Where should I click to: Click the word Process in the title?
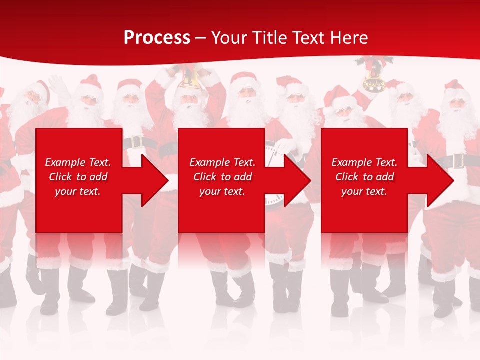[157, 38]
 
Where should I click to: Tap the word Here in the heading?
[349, 38]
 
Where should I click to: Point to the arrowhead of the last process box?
[439, 180]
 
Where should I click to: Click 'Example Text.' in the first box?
[78, 162]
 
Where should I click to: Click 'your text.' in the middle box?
[222, 191]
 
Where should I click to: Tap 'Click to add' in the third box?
[364, 177]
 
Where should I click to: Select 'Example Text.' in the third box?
[364, 162]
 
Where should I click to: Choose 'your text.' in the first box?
[78, 191]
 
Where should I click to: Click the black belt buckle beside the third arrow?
[457, 161]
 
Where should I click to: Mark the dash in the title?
[201, 38]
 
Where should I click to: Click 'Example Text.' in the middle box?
[222, 162]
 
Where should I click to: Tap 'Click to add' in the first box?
[78, 177]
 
